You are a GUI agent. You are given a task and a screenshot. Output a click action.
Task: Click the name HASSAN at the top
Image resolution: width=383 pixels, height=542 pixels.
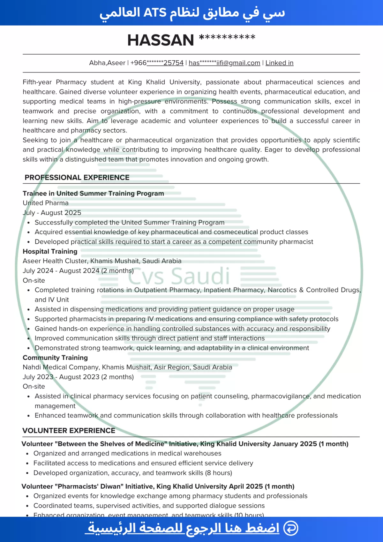[161, 40]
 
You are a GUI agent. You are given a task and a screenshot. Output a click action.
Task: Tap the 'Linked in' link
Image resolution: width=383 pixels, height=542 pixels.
[279, 63]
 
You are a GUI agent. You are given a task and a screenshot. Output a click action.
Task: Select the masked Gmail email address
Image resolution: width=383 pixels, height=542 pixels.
[224, 63]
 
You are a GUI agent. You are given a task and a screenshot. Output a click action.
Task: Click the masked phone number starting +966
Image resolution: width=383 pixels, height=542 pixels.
[157, 63]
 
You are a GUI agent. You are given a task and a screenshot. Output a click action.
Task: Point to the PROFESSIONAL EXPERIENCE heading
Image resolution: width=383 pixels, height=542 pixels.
[77, 178]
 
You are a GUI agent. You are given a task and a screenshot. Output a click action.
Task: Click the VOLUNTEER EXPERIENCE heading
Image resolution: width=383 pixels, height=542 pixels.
[69, 431]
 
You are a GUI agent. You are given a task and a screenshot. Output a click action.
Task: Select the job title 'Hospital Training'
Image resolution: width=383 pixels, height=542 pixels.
[50, 251]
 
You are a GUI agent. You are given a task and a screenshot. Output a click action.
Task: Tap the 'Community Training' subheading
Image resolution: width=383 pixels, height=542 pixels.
[55, 358]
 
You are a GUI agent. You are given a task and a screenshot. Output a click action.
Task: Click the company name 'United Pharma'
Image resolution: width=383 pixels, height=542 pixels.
[46, 203]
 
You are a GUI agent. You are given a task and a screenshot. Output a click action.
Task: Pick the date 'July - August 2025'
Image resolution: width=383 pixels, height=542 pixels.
[52, 213]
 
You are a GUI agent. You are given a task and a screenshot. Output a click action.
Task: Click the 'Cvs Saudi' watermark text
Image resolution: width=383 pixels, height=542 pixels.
[179, 276]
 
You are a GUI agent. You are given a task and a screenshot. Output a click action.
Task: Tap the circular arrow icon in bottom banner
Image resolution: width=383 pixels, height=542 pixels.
[291, 528]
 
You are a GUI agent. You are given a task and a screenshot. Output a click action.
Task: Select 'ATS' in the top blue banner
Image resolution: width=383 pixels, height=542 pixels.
[155, 13]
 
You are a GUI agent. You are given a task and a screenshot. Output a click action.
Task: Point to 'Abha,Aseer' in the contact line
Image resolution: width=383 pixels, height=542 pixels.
[107, 63]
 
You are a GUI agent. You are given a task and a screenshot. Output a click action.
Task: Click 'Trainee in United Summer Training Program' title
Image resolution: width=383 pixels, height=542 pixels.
[93, 194]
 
